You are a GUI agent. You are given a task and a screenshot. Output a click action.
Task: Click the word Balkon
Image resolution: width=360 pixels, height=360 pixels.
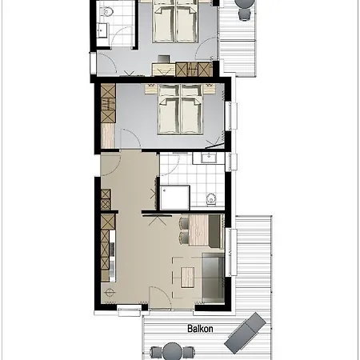200,329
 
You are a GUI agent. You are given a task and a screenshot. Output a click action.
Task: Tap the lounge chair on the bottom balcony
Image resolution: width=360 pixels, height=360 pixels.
245,333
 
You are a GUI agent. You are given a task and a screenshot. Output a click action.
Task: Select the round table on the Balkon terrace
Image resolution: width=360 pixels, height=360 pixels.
172,351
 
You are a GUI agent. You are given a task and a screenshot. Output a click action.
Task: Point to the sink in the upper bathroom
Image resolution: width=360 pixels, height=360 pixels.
102,30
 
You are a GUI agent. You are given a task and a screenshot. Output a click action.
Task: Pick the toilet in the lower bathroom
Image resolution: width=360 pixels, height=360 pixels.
211,198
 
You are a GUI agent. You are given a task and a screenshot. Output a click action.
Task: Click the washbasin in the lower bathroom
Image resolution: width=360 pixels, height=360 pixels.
208,158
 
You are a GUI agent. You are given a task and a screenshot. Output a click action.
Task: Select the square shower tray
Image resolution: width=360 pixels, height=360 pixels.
175,198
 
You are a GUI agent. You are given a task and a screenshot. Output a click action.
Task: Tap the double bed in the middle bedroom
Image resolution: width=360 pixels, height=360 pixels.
180,110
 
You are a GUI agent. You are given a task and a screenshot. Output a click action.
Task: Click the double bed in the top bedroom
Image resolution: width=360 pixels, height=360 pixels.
175,22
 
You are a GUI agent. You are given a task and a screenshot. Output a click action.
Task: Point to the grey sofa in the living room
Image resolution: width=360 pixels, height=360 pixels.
213,278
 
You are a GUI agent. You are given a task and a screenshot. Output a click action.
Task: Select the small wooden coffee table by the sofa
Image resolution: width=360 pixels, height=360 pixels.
187,278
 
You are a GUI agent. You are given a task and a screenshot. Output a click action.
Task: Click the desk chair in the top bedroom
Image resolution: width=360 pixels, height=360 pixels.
164,59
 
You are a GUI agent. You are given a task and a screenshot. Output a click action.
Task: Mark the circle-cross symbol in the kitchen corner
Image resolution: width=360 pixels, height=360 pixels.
110,293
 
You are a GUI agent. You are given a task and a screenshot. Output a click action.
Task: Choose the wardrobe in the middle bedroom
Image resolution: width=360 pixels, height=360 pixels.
108,103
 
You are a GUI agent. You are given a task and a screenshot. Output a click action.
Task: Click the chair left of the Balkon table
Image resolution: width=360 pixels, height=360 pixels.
155,352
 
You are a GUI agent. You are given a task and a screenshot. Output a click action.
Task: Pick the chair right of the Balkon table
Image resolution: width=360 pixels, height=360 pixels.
189,352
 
